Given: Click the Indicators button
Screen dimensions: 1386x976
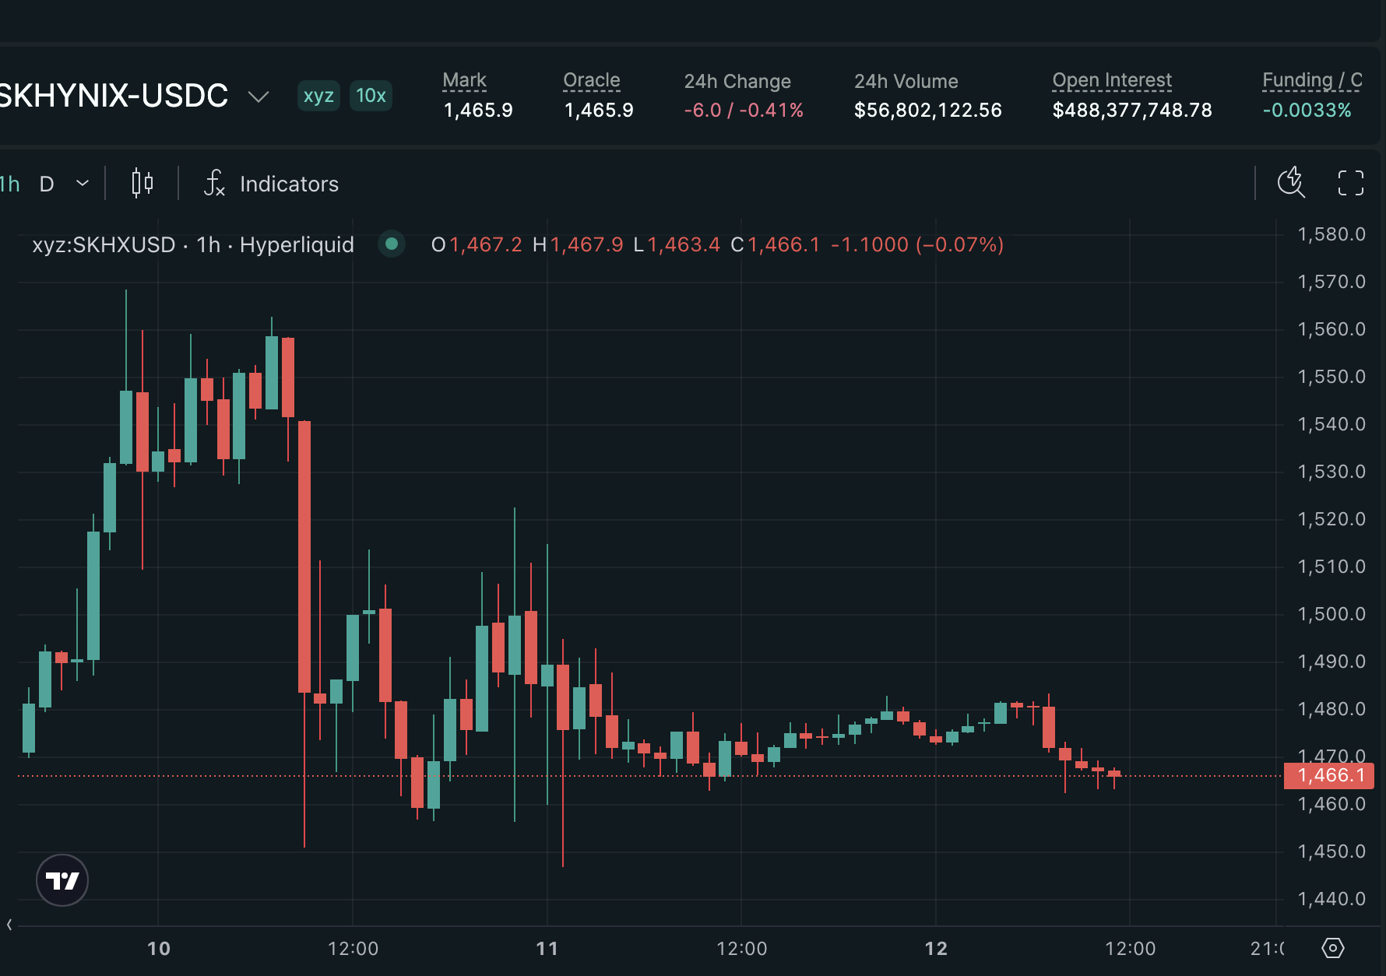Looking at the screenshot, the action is (271, 184).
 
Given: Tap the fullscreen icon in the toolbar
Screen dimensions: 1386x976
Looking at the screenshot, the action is (1350, 184).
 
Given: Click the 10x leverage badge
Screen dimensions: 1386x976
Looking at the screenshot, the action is (371, 96).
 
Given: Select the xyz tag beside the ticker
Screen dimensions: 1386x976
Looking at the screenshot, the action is (318, 96).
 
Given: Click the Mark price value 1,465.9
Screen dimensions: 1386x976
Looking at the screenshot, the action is (478, 111).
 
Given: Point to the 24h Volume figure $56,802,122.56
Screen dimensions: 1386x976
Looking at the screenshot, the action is (927, 111).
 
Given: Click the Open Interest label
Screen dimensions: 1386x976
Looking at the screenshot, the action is (1112, 80).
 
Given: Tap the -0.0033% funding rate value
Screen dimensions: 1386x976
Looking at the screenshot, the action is (1307, 111).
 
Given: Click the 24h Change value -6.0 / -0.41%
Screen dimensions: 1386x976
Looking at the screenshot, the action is (744, 111).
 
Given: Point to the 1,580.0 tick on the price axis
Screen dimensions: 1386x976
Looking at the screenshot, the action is (1331, 234).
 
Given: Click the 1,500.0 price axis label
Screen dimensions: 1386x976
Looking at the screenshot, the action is (1331, 614).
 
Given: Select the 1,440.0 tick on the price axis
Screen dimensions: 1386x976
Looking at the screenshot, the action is (1331, 899).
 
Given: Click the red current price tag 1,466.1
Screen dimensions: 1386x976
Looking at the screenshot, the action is (1329, 775).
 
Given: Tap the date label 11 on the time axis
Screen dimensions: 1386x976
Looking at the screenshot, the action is (547, 949).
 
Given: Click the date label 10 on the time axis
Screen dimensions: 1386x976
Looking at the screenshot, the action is (159, 949).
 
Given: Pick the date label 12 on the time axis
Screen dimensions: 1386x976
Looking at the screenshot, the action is (936, 949).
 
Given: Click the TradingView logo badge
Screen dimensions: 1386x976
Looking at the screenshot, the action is (62, 880).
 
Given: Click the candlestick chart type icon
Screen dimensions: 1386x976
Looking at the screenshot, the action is (142, 184).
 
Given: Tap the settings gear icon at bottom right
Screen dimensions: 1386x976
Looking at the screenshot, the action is (1333, 948).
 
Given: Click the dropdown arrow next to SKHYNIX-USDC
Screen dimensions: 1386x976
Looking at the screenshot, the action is (258, 97).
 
